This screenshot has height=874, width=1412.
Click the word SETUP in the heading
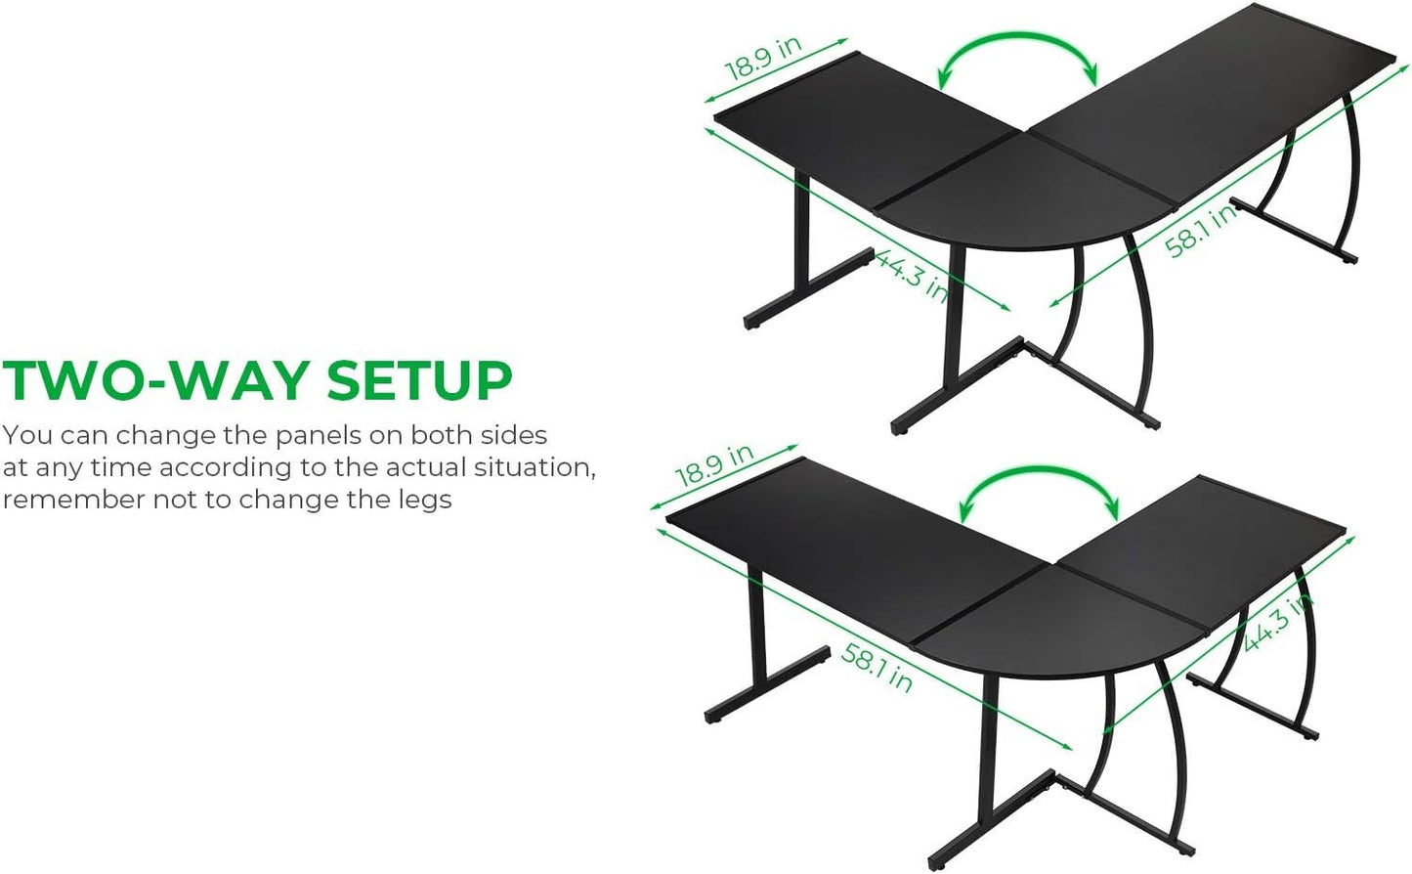(x=419, y=381)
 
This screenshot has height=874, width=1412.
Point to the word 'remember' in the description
(x=74, y=501)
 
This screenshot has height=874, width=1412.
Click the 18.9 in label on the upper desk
(x=764, y=58)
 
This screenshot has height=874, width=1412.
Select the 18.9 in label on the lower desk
(x=715, y=465)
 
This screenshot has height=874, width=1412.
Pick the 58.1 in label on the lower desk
(x=877, y=668)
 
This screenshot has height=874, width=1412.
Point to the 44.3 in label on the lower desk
(x=1277, y=624)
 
